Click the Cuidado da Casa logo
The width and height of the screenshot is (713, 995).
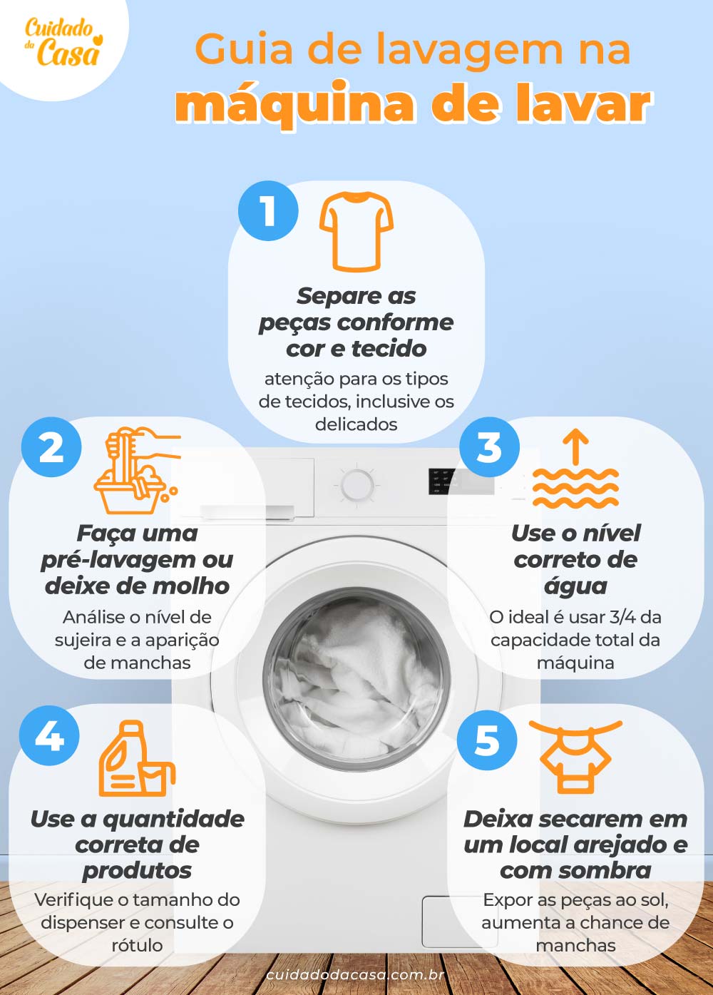pos(63,42)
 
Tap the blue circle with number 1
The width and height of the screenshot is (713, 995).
pos(268,211)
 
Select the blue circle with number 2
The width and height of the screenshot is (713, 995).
pos(51,447)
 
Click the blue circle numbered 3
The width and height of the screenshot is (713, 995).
pos(489,447)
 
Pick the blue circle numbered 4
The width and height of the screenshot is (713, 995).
pos(49,735)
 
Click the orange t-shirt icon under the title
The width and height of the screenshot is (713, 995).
pos(356,231)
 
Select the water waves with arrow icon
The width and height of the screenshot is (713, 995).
pos(575,471)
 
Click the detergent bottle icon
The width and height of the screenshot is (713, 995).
pos(136,759)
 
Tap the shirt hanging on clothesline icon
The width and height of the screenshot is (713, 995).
pos(575,756)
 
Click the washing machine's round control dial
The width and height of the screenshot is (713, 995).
pos(357,486)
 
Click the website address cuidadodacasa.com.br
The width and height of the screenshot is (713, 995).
pos(356,975)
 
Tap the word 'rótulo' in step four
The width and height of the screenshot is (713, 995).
pos(137,945)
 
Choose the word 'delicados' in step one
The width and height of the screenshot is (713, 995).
pos(356,424)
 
